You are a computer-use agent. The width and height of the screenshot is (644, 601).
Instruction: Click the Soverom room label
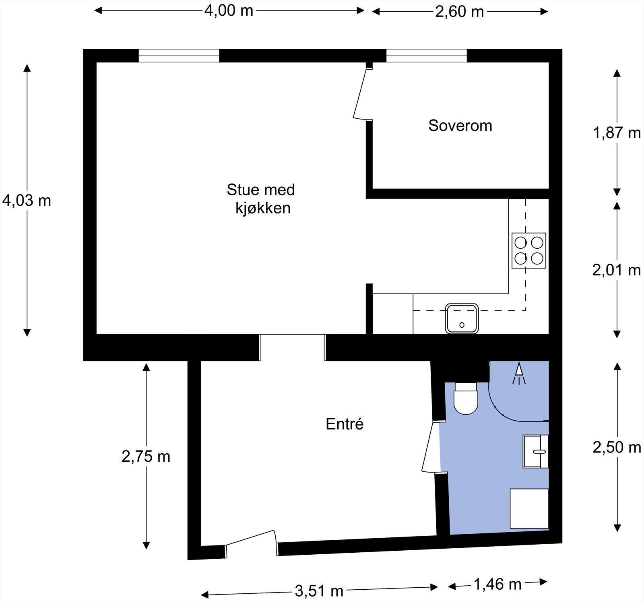(460, 126)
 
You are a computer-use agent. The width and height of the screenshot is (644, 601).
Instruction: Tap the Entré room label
(345, 424)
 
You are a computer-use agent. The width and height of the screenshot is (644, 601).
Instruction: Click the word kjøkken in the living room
(263, 208)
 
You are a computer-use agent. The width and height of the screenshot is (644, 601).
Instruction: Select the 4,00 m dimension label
(229, 10)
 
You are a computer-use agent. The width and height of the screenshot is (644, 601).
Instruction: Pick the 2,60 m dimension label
(459, 12)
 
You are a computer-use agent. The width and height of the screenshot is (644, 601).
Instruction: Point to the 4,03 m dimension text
(27, 200)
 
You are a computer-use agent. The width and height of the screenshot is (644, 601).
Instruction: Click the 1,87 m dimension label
(617, 132)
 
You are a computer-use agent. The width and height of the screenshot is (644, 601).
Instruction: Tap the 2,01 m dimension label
(616, 270)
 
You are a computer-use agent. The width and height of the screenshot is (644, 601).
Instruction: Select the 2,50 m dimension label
(617, 447)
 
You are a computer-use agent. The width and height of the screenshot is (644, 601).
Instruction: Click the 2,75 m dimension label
(146, 456)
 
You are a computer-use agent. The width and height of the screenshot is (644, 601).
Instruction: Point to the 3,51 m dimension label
(319, 591)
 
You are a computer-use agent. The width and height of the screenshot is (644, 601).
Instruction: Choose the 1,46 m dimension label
(497, 584)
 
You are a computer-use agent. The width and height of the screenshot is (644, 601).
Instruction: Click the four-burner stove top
(529, 250)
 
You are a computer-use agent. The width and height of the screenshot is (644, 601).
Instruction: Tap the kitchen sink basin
(462, 318)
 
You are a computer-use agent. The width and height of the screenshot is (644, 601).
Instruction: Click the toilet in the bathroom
(465, 398)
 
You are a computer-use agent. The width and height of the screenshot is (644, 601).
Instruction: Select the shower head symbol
(519, 374)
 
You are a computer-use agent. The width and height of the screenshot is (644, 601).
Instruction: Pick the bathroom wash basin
(536, 451)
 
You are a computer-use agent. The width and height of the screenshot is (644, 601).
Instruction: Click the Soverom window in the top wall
(427, 56)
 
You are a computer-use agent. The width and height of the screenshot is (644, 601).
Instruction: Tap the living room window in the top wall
(179, 56)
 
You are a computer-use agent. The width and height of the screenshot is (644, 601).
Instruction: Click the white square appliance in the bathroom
(529, 508)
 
